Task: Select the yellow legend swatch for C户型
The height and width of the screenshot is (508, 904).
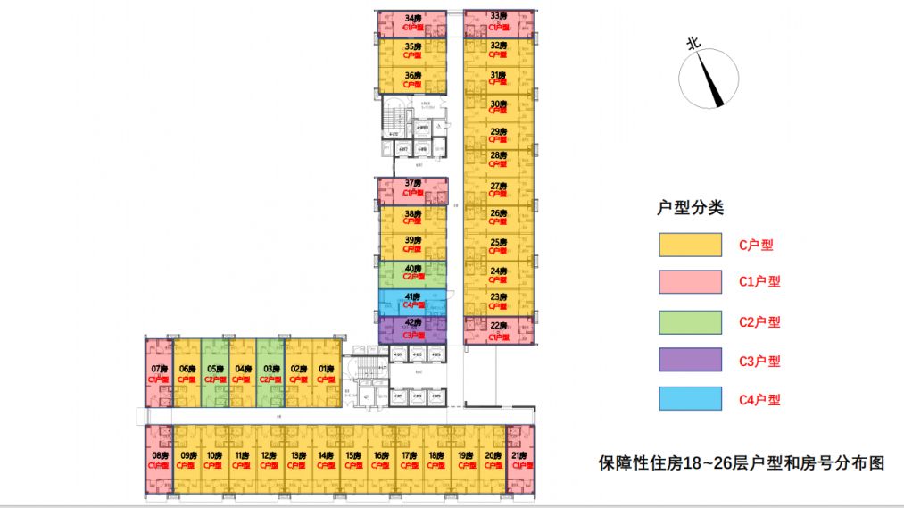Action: coord(690,244)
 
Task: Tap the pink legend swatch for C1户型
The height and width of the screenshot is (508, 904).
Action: coord(690,282)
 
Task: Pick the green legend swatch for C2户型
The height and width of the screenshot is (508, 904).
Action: coord(690,321)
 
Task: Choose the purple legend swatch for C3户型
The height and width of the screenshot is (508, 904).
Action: coord(690,360)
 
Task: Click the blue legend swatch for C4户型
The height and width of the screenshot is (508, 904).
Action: coord(690,399)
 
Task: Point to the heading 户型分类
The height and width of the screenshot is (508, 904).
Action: coord(690,209)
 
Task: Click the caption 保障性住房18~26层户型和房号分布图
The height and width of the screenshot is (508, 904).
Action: coord(741,464)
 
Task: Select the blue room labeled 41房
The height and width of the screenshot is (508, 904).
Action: coord(412,303)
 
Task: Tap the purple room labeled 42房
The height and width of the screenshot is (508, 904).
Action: coord(412,329)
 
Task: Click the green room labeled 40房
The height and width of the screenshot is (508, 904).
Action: coord(412,274)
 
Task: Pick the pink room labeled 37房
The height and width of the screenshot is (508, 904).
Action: coord(412,190)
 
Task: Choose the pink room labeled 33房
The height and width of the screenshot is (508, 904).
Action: coord(499,22)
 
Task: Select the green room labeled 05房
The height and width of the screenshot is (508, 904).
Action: coord(214,372)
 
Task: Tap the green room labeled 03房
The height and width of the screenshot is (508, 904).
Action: coord(270,372)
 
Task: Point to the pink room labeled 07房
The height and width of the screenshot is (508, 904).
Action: coord(159,372)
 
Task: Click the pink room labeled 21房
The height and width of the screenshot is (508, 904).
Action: coord(519,460)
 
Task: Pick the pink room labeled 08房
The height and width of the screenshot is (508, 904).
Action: coord(159,460)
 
